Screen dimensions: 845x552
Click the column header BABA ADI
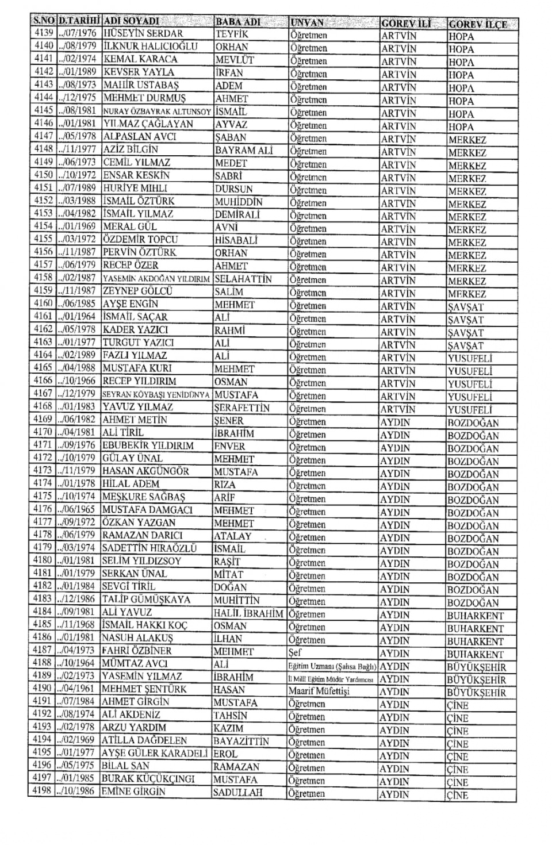click(x=237, y=23)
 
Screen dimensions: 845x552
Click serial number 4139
click(x=43, y=33)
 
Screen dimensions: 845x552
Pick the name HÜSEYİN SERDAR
click(x=143, y=33)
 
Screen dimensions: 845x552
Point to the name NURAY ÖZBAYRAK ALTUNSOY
click(x=157, y=111)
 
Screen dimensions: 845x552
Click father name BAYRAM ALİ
click(x=244, y=150)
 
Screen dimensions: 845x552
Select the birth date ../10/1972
click(x=78, y=175)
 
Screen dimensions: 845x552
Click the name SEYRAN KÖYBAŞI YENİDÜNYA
click(x=156, y=395)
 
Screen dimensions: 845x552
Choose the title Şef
click(x=295, y=652)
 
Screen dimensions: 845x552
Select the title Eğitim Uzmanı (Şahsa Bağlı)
click(x=332, y=666)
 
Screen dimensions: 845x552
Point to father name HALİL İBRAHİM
click(x=248, y=613)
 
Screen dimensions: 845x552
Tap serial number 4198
click(x=43, y=792)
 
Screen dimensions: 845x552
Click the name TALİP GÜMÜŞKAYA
click(x=146, y=600)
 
